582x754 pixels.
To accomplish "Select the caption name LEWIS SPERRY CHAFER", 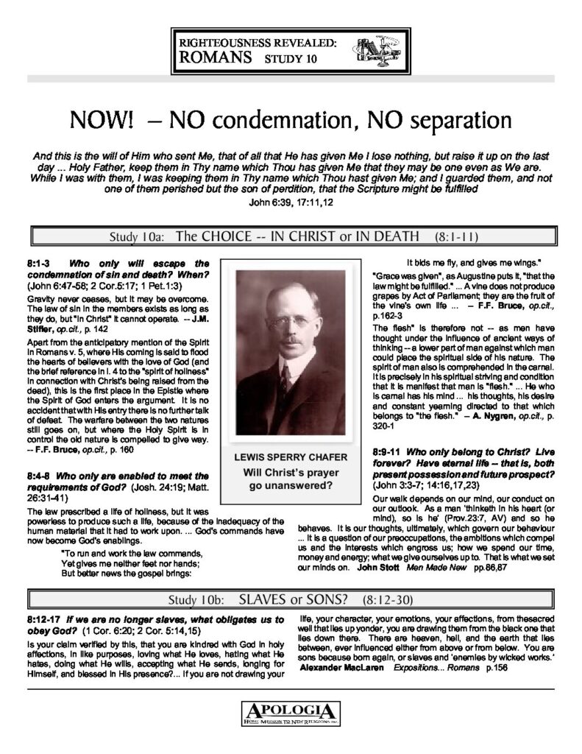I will pyautogui.click(x=291, y=457).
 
